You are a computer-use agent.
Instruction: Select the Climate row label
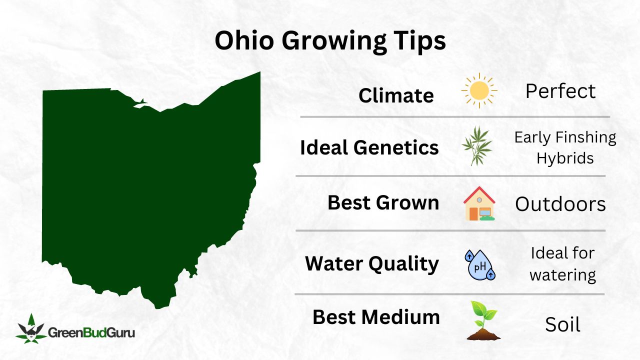point(396,95)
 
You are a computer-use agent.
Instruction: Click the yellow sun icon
point(479,90)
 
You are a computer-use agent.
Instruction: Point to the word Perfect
point(560,91)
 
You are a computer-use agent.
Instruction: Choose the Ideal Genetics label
point(369,147)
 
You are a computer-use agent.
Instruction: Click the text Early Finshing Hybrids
point(565,147)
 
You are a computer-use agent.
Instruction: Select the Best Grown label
point(383,202)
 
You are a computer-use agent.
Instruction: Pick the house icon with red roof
point(479,203)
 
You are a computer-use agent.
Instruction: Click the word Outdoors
point(560,204)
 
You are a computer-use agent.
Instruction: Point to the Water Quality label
point(372,263)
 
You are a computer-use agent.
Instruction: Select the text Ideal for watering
point(562,264)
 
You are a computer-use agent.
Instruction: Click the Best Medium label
point(376,317)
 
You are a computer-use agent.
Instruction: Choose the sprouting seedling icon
point(483,320)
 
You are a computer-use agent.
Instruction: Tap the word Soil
point(562,325)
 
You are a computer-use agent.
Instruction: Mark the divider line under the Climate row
point(454,117)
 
